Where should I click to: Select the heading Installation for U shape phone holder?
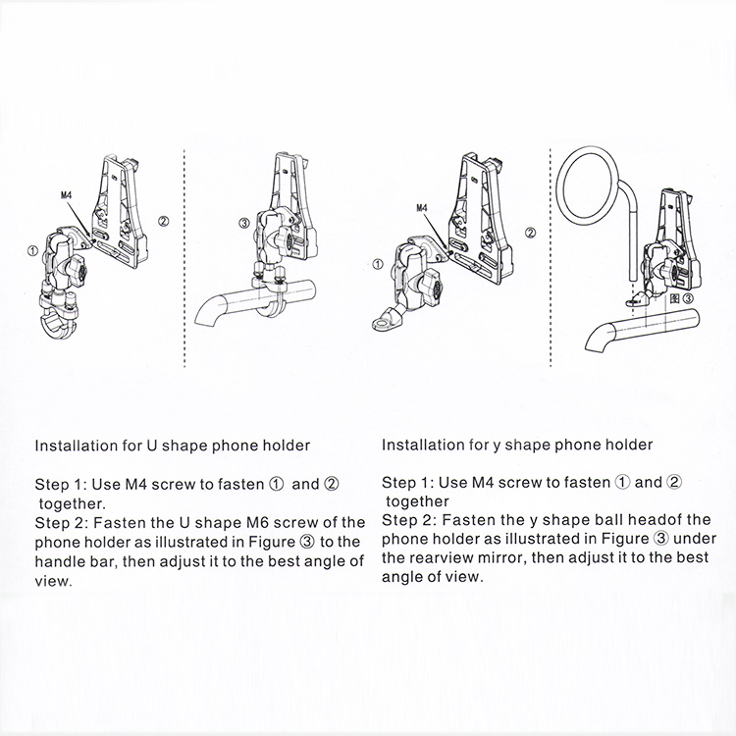point(173,445)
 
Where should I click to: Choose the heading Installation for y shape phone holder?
point(516,445)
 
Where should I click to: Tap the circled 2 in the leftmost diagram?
point(164,221)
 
